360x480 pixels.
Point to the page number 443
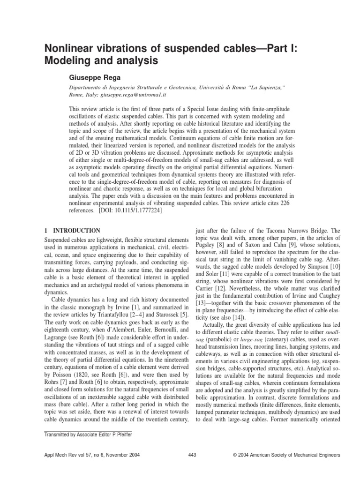[192, 455]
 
